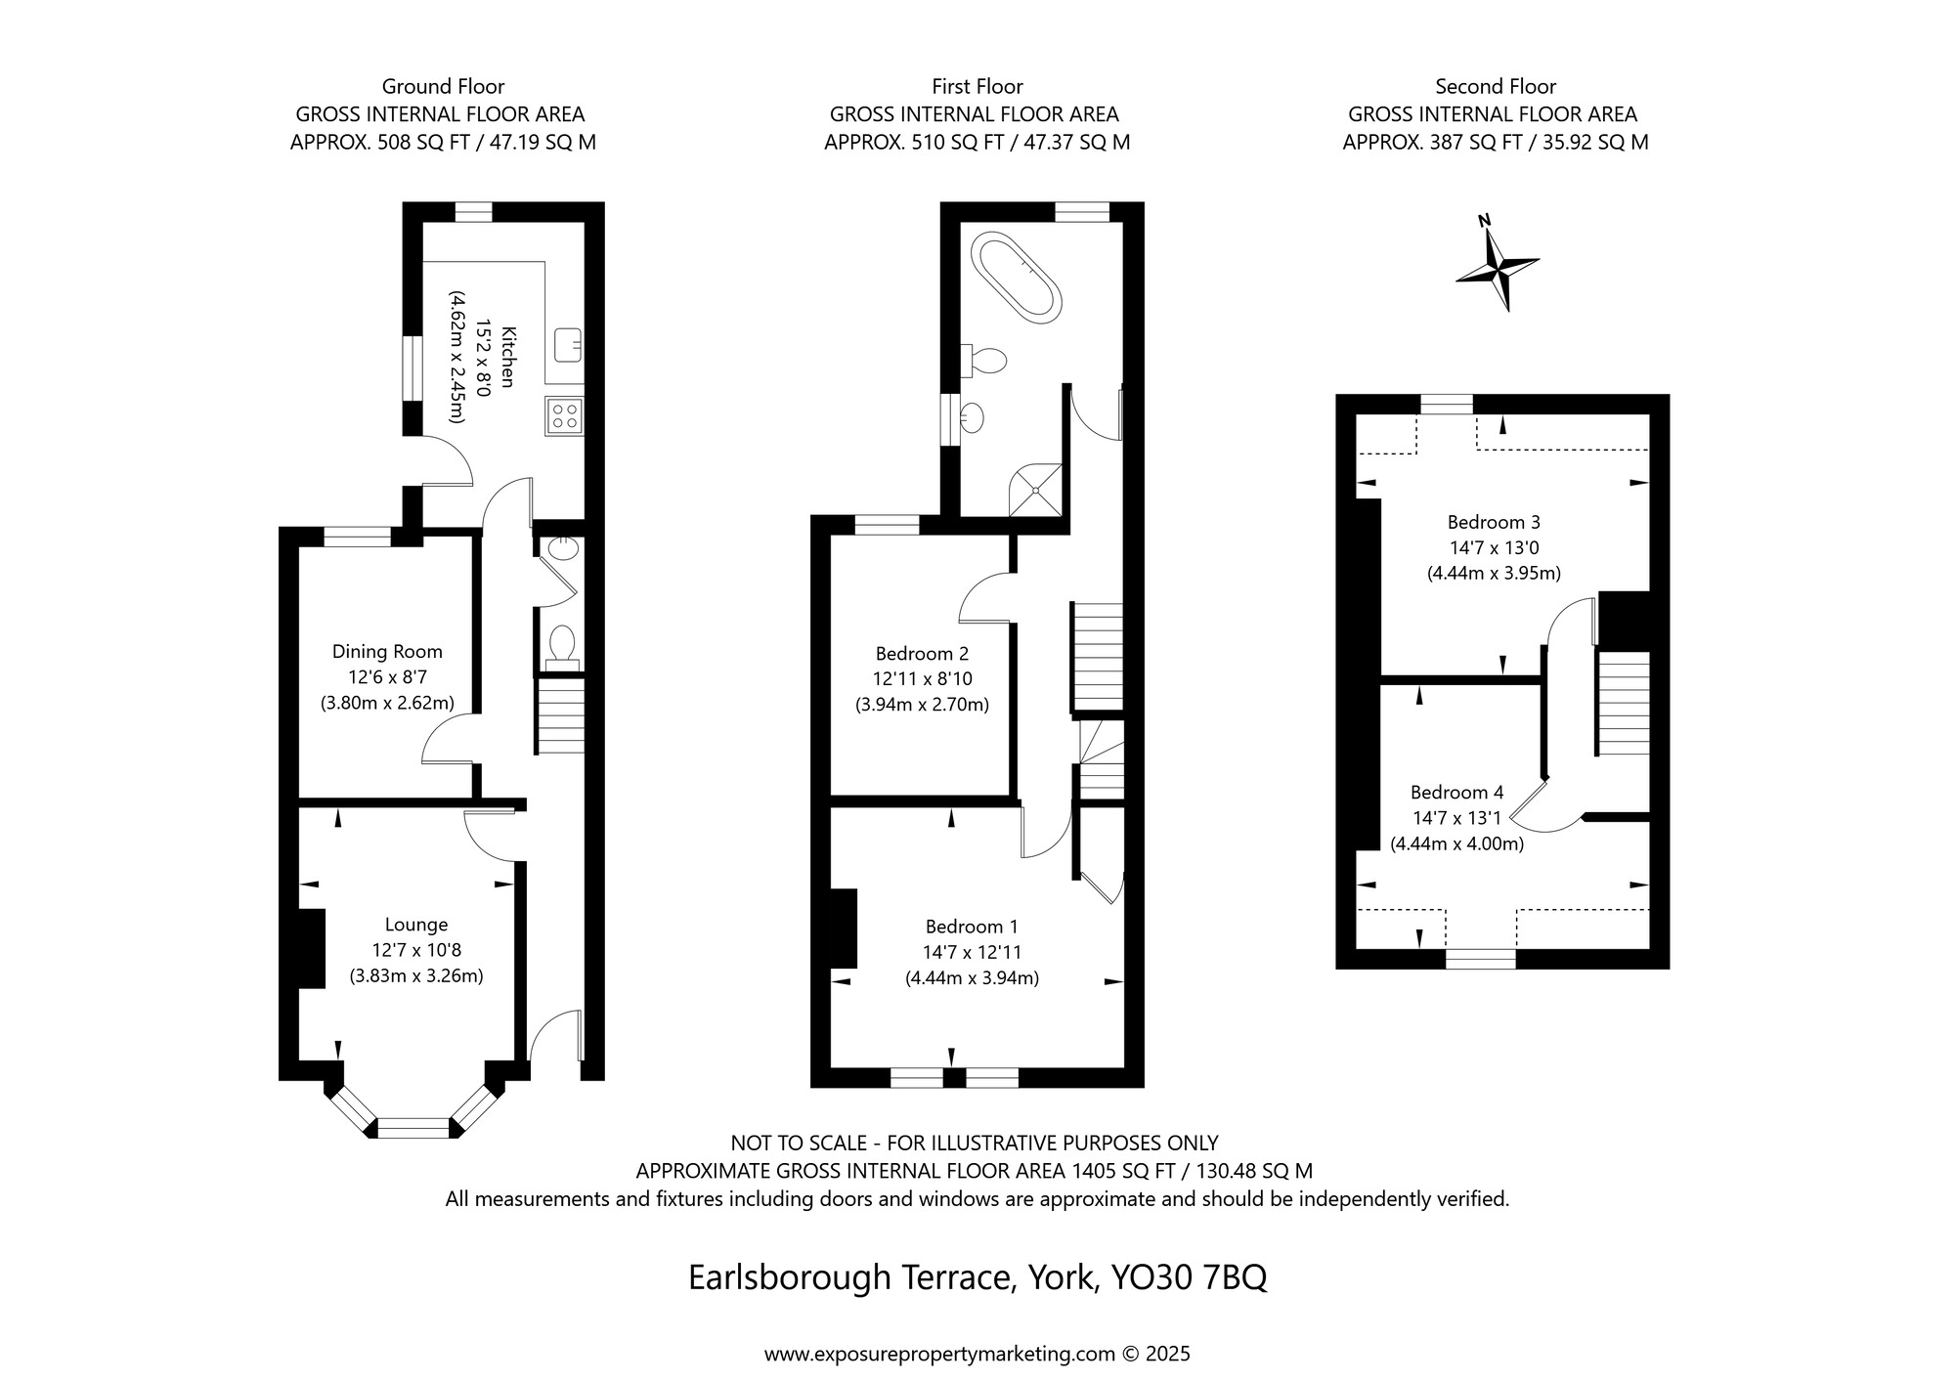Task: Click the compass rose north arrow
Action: pos(1498,263)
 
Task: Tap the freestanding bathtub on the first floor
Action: pos(1016,278)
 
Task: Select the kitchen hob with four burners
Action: pos(564,414)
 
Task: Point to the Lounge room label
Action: pos(416,925)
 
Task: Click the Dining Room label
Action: pos(387,652)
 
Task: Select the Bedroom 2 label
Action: pos(922,654)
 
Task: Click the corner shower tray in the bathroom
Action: pos(1035,486)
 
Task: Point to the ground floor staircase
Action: pos(560,715)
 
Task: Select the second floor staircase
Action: pos(1624,703)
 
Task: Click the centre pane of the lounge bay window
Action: pos(413,1128)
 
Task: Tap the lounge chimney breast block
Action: pos(311,948)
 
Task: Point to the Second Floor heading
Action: pos(1496,86)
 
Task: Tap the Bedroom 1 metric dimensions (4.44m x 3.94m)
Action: pos(972,977)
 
